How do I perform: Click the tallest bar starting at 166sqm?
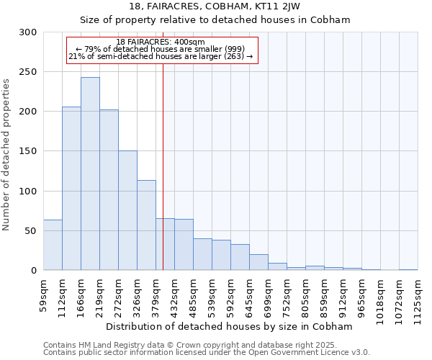click(x=90, y=174)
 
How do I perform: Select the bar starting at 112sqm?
click(x=71, y=189)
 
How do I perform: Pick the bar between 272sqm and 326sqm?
click(x=127, y=210)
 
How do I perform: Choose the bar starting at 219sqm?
click(x=109, y=190)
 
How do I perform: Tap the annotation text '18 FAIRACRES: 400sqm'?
click(x=161, y=42)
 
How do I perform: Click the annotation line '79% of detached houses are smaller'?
click(x=161, y=49)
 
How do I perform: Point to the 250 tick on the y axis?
click(x=28, y=72)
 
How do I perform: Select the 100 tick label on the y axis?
click(x=28, y=192)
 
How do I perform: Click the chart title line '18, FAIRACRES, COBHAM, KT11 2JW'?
click(x=215, y=6)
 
